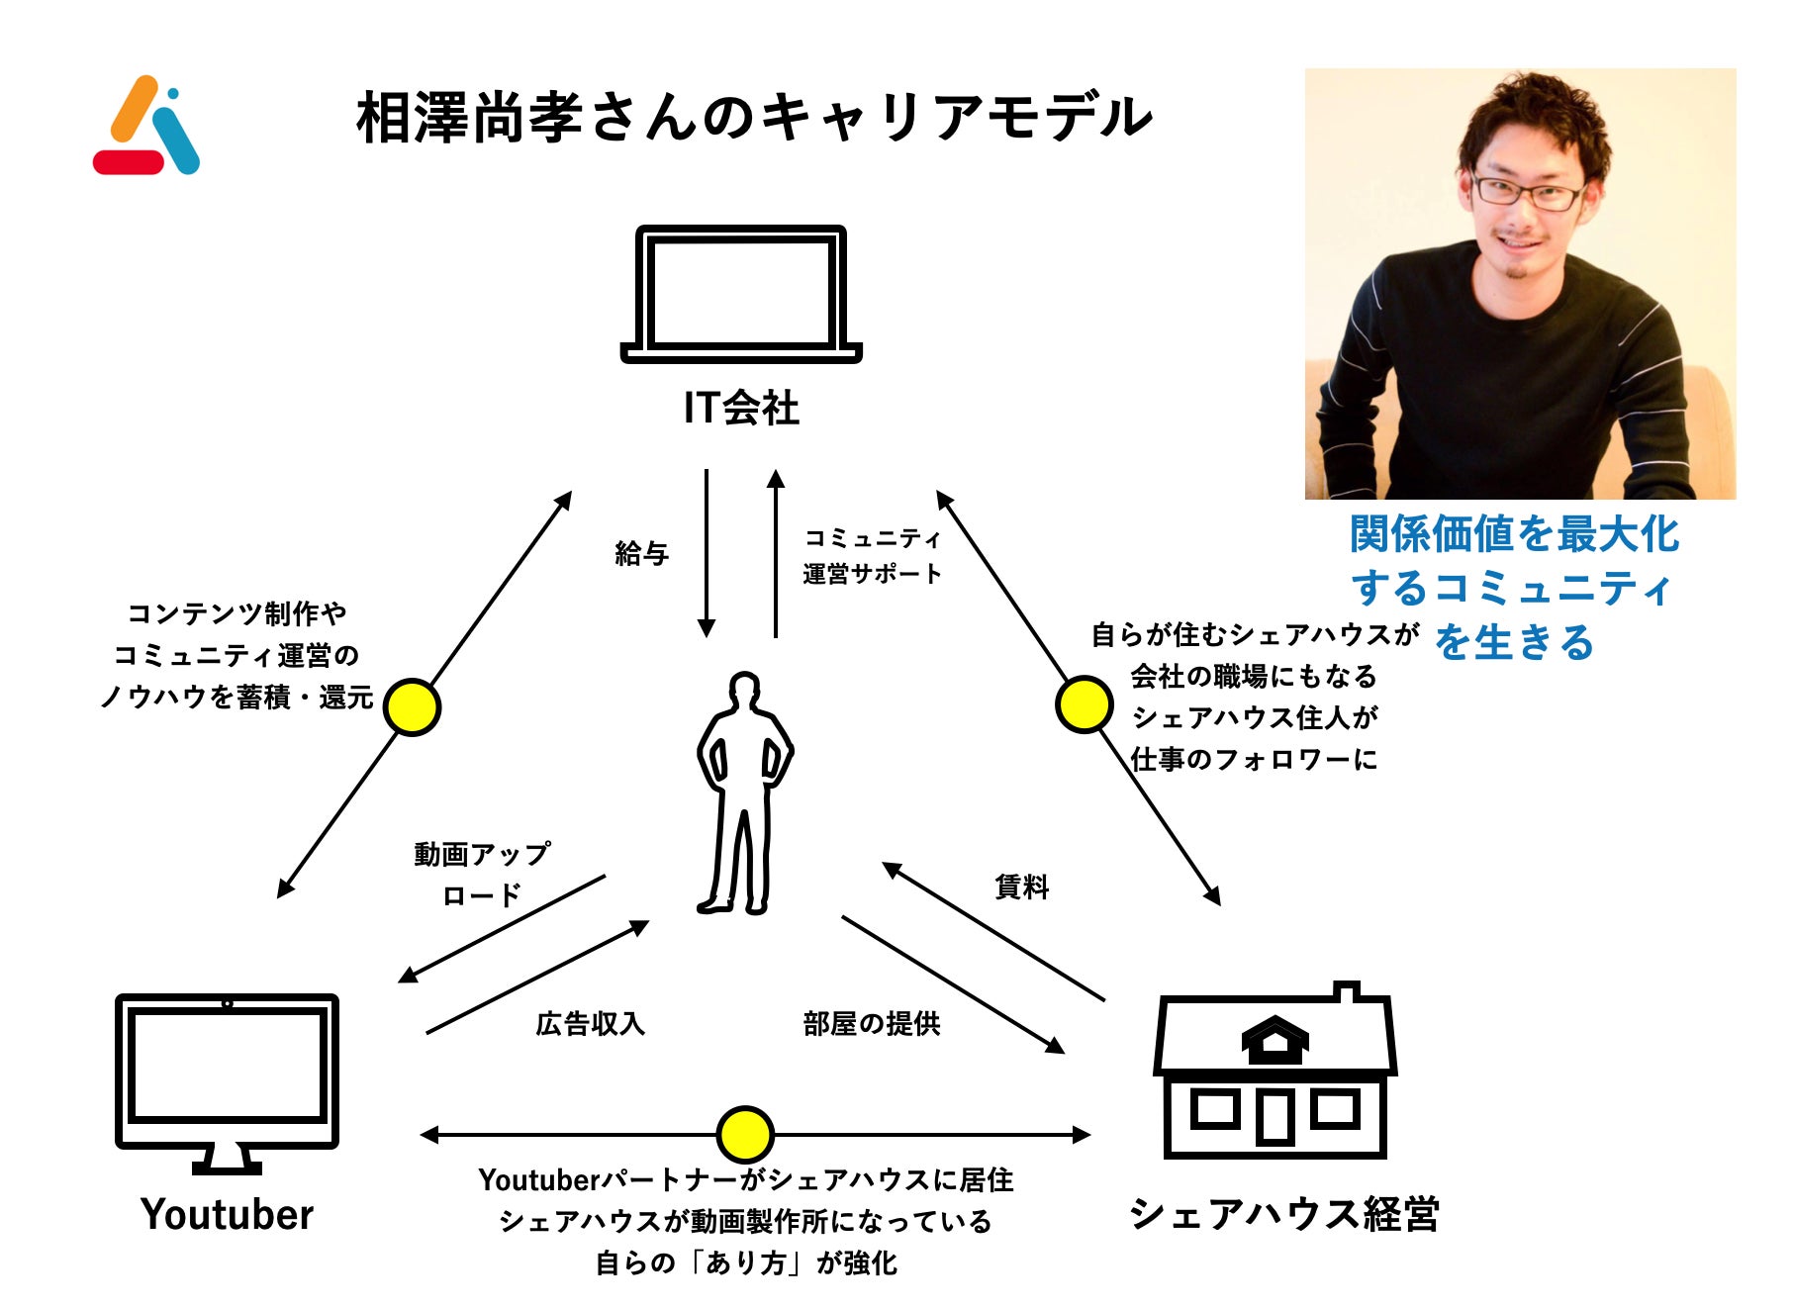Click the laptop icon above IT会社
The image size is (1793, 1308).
(741, 294)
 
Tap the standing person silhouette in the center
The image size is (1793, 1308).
(744, 792)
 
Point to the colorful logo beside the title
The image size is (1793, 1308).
(146, 126)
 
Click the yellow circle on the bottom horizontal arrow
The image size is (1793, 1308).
(744, 1134)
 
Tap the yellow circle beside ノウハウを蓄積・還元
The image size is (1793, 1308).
(412, 706)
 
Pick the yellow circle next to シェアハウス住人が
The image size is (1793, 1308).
(1084, 704)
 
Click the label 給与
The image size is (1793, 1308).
(641, 553)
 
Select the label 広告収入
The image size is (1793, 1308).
(590, 1023)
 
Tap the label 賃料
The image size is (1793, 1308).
(1021, 887)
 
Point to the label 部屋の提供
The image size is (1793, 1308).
(872, 1023)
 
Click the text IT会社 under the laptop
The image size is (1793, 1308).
(741, 408)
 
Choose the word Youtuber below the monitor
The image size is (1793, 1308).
(227, 1214)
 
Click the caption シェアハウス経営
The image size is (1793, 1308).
(1283, 1214)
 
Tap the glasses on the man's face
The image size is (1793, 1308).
(1528, 192)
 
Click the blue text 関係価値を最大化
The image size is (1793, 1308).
(1514, 534)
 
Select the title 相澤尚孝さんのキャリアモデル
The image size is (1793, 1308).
(754, 118)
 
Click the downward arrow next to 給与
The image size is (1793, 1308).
(707, 554)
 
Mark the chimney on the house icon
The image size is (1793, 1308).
(1346, 990)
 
